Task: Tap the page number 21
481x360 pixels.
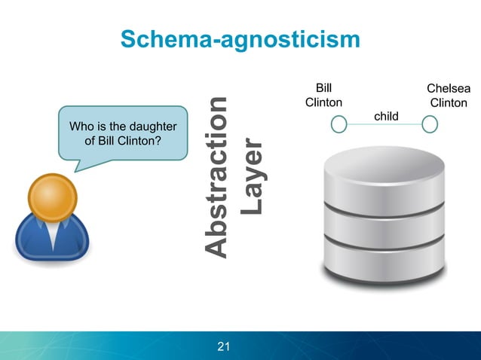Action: coord(223,346)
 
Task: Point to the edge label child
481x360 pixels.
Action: coord(386,115)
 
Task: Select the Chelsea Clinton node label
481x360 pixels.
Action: coord(448,96)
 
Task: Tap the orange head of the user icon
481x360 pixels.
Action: coord(52,197)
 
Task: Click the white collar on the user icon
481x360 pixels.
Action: coord(52,234)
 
